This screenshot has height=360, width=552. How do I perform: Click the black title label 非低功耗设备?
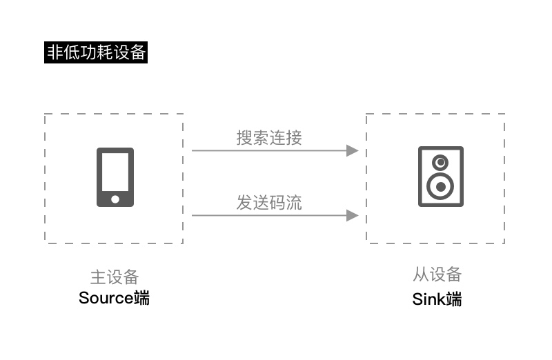[96, 52]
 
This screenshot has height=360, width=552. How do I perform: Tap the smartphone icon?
[115, 177]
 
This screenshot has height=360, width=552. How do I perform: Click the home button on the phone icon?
[115, 199]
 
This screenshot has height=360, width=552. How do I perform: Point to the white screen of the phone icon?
[115, 172]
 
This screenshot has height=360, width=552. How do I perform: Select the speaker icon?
[441, 177]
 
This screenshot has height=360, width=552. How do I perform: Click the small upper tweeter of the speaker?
[440, 163]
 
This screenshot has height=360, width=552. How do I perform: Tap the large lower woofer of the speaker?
[440, 186]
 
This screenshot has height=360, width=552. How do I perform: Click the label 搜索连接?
[269, 138]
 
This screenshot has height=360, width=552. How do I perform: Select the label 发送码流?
[269, 203]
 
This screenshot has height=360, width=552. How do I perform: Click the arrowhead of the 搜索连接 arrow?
[353, 150]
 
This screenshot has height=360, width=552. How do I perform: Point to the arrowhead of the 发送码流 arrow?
[353, 215]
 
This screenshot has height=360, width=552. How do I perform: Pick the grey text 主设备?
[115, 277]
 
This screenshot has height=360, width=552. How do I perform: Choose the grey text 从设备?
[437, 274]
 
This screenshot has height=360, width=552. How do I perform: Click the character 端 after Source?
[142, 298]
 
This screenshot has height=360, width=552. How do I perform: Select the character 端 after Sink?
[453, 299]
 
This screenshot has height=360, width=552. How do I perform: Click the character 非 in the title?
[55, 52]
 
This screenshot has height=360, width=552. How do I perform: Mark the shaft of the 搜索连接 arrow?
[269, 150]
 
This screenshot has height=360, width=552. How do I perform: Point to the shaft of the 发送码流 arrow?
[269, 215]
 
